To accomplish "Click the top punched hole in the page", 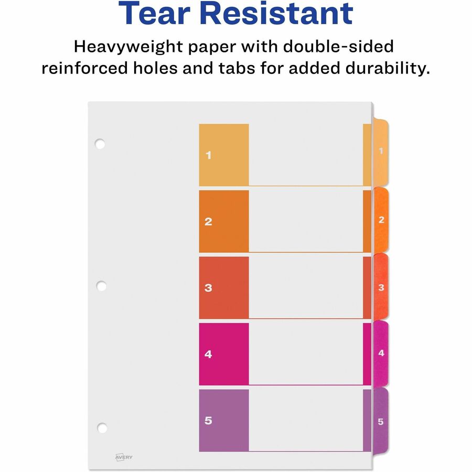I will pos(100,143).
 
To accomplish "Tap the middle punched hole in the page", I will pos(101,286).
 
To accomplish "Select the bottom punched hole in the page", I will pos(102,428).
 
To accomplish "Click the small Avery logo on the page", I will pos(124,457).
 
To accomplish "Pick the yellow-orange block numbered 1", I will pos(224,155).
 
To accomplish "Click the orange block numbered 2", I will pos(224,221).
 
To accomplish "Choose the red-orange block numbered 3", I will pos(224,287).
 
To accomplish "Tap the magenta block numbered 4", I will pos(224,354).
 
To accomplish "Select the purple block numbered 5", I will pos(224,420).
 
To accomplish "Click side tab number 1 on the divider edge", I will pos(381,152).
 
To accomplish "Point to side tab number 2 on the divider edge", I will pos(381,220).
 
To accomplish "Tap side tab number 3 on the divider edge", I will pos(381,287).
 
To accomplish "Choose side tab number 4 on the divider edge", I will pos(381,353).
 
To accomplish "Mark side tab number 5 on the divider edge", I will pos(381,421).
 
